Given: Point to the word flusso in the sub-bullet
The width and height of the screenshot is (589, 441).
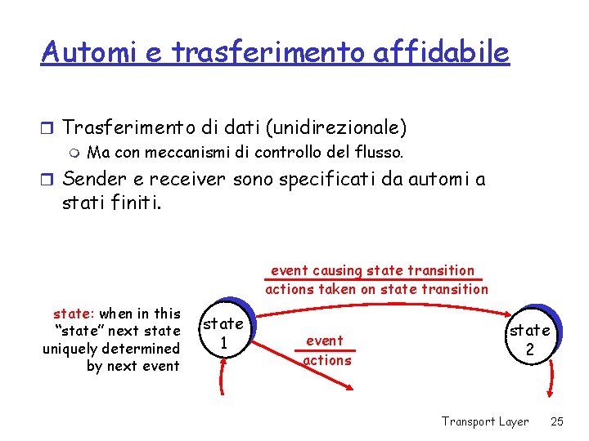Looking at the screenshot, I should pyautogui.click(x=380, y=152).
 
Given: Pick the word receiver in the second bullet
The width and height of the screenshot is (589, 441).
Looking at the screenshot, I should pyautogui.click(x=186, y=179).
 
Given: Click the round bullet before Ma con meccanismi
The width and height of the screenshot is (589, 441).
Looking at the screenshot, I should pyautogui.click(x=75, y=153).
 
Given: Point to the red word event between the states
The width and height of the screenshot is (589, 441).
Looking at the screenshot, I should pyautogui.click(x=325, y=341).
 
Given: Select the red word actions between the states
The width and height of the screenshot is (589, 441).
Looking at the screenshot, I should pyautogui.click(x=327, y=360).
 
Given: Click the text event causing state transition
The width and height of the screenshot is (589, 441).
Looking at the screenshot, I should pyautogui.click(x=372, y=270).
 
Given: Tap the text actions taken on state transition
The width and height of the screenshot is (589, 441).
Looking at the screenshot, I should pyautogui.click(x=376, y=288).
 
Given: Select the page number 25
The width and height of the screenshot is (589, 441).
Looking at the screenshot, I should pyautogui.click(x=557, y=421).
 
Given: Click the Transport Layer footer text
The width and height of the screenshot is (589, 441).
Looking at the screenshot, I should pyautogui.click(x=485, y=421).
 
